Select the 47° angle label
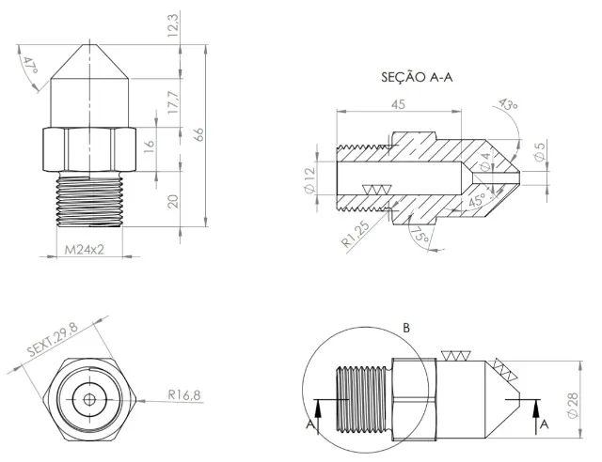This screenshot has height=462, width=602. coord(30,65)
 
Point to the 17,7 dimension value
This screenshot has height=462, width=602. coord(171,100)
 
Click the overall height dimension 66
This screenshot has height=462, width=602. coord(199,134)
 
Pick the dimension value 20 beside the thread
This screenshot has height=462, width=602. coord(171,200)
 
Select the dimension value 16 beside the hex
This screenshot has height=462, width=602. coord(148,147)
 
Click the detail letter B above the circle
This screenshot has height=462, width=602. coord(406,328)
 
